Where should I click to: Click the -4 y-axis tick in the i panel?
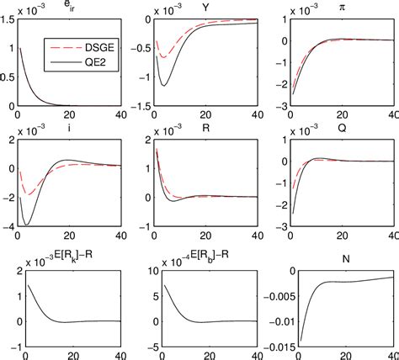tap(8, 227)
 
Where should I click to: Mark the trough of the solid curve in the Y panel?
tap(164, 86)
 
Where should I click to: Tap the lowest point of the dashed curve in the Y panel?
tap(162, 56)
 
